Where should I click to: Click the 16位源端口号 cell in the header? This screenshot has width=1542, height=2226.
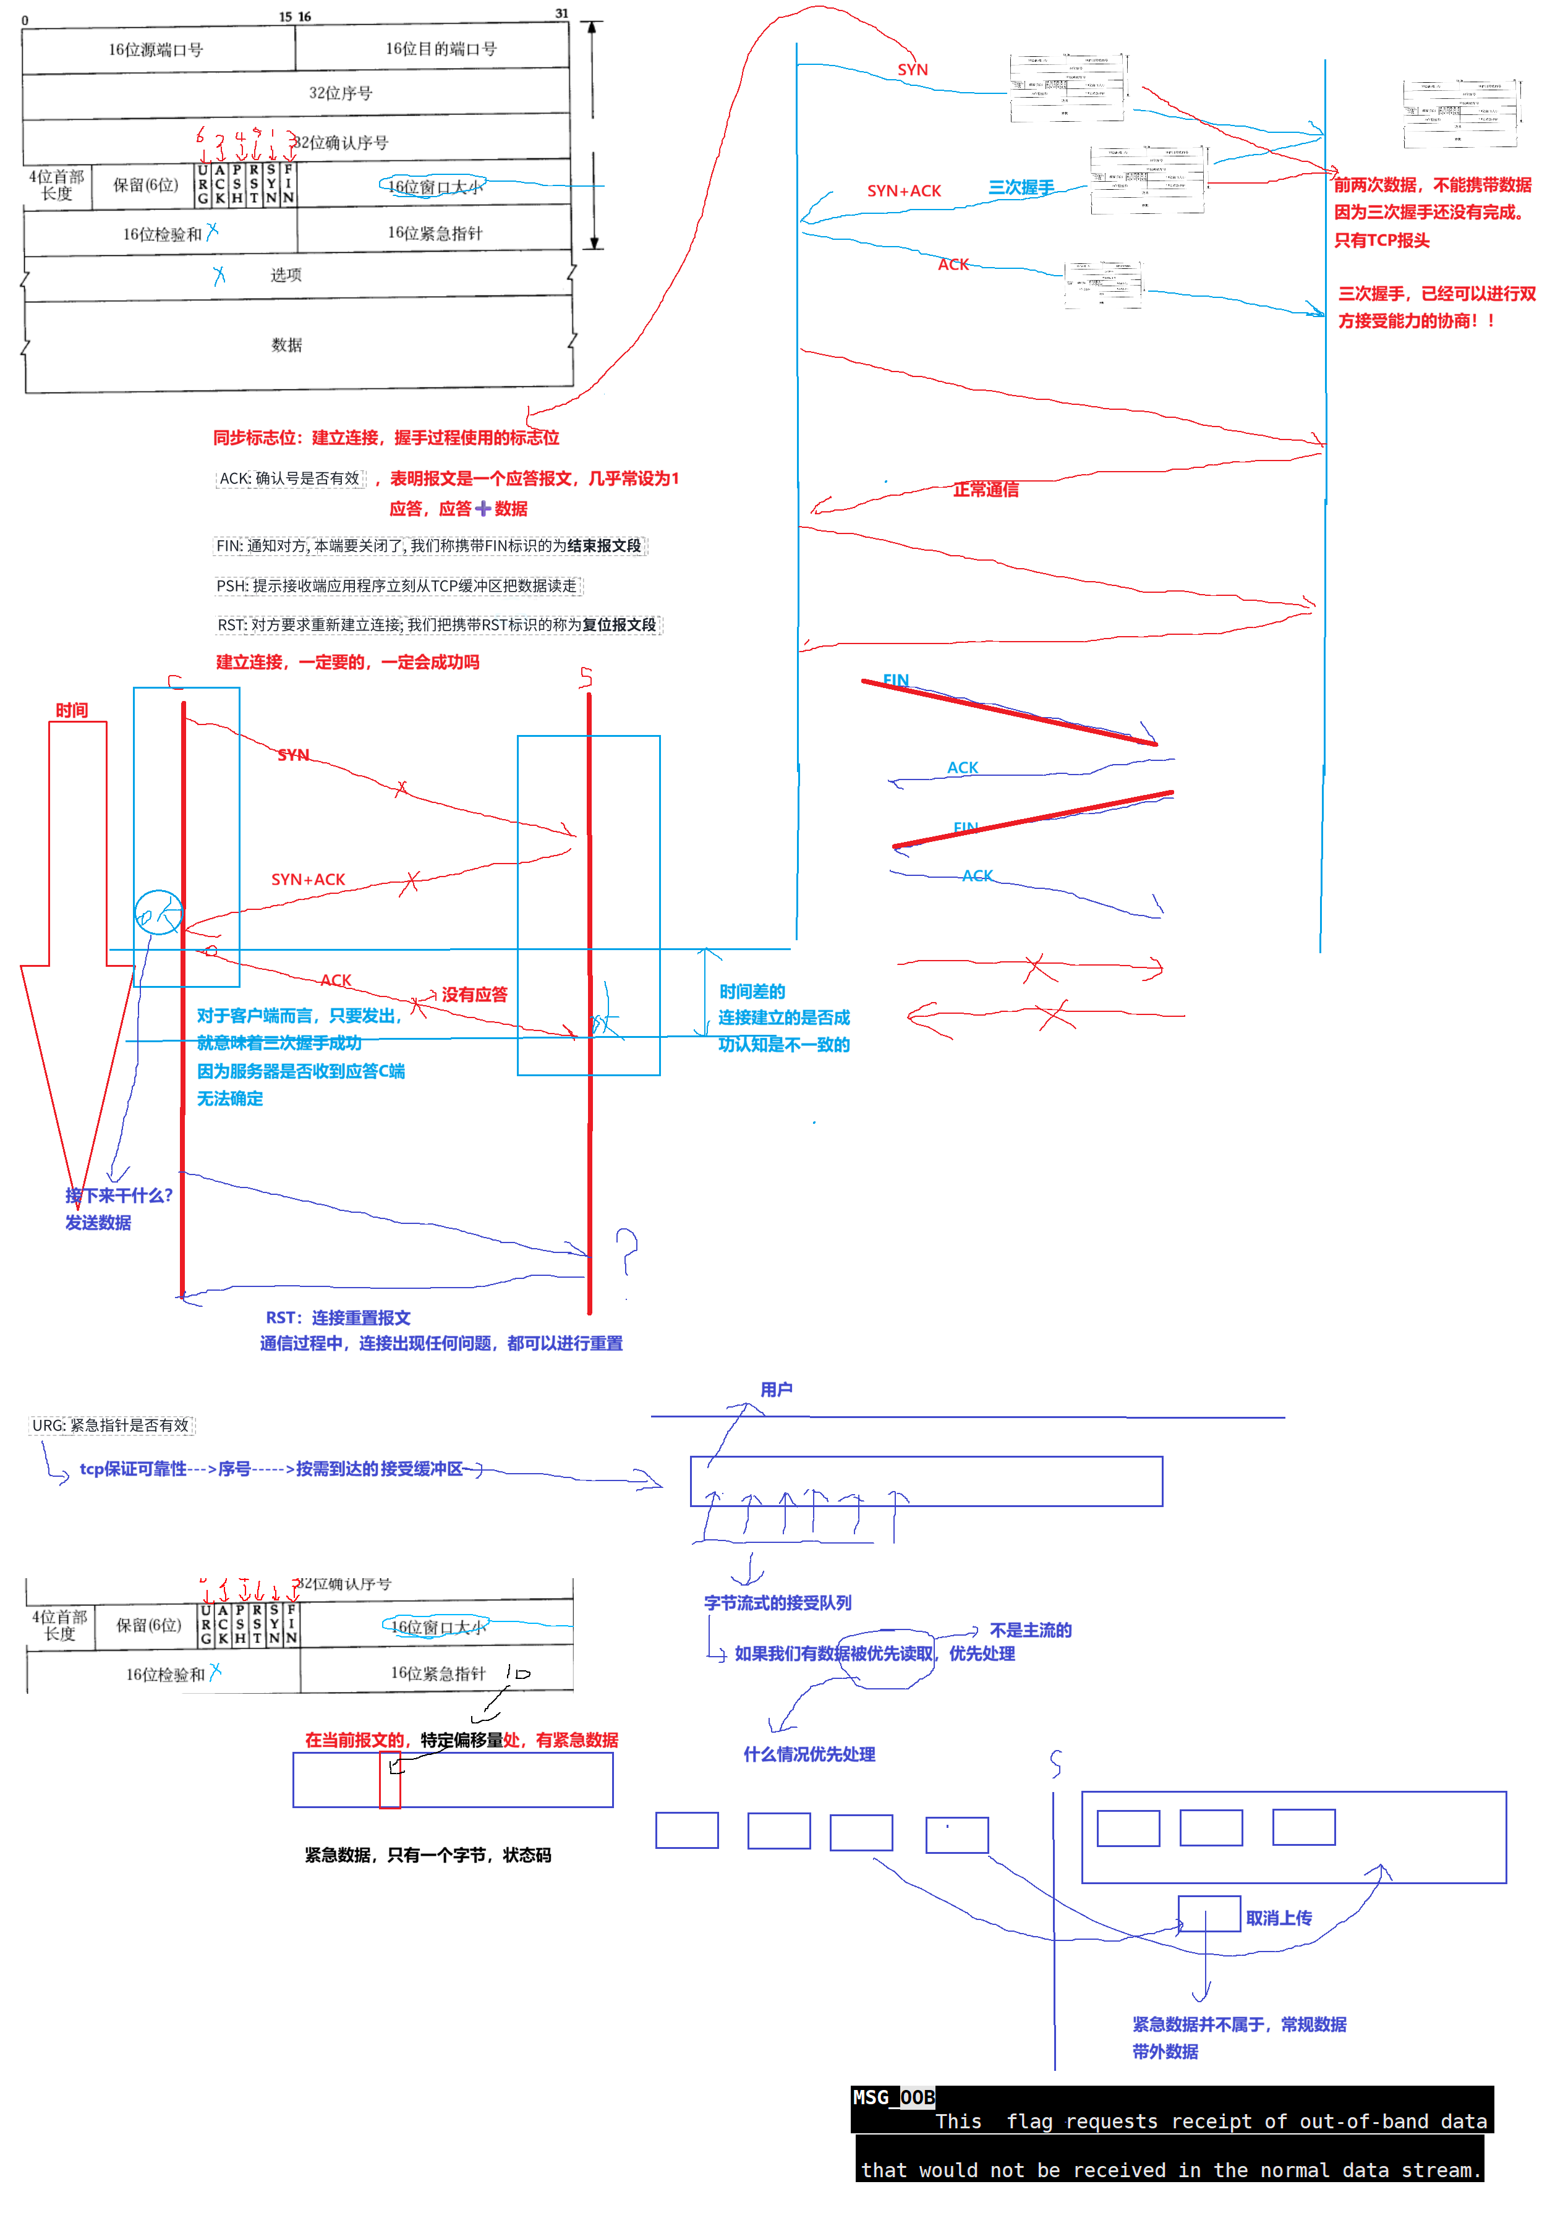point(156,49)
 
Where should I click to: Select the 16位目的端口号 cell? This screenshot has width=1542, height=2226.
point(441,48)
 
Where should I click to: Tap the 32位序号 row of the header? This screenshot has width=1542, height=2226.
point(340,93)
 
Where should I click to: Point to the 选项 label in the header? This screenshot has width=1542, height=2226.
point(286,275)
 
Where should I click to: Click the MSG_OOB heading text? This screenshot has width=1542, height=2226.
point(893,2097)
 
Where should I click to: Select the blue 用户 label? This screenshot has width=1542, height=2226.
point(776,1389)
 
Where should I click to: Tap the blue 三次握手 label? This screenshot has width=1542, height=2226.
point(1020,187)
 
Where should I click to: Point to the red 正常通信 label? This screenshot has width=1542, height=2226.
point(986,490)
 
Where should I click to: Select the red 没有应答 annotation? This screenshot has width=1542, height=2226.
point(474,994)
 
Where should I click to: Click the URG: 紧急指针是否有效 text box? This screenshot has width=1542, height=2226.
point(112,1425)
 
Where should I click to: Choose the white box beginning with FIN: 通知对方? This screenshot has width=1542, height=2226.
point(429,546)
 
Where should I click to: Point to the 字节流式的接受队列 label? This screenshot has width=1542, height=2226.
point(778,1602)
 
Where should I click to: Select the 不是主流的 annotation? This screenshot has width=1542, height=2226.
point(1030,1629)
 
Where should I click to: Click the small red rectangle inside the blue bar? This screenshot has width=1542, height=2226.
point(390,1779)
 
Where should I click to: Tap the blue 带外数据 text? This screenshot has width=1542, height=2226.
point(1165,2051)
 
